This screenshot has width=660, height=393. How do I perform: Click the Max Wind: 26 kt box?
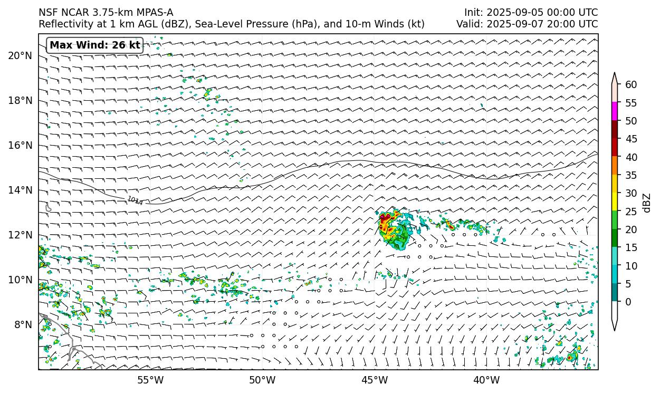pos(95,45)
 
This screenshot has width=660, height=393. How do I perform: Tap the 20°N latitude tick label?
pos(20,55)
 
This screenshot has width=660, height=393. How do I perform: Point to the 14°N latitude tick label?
pos(20,190)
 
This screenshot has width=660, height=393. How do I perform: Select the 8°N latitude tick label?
pos(23,324)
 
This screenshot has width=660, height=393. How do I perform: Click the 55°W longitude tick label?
pos(150,380)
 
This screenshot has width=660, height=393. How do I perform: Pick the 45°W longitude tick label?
pos(375,380)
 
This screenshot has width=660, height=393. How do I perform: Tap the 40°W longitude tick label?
pos(486,380)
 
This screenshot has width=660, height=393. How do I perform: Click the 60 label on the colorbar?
pos(631,84)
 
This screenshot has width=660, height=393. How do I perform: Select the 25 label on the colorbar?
pos(631,212)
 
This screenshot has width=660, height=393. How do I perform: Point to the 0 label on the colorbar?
pos(628,302)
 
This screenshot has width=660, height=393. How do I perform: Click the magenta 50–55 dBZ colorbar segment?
pos(615,111)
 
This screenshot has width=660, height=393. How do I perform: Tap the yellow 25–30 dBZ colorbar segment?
pos(615,202)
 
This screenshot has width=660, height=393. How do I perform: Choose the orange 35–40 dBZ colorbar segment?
pos(615,166)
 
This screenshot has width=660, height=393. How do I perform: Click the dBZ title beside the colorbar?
pos(647,203)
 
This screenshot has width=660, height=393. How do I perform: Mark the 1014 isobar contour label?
pos(135,200)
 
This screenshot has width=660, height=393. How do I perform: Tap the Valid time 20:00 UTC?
pos(572,24)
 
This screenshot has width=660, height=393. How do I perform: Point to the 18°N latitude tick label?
pos(20,100)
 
